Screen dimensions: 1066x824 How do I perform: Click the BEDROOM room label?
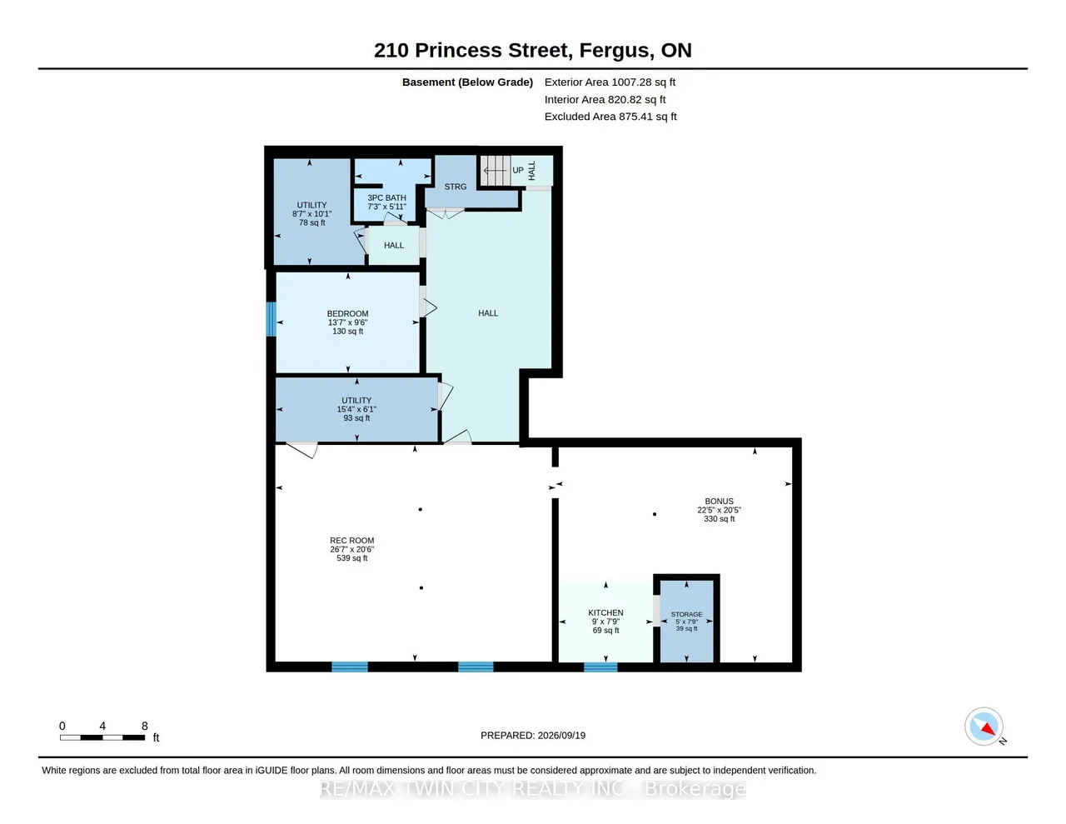tap(347, 313)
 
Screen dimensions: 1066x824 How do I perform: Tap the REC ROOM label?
tap(351, 541)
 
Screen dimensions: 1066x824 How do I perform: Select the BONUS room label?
tap(719, 501)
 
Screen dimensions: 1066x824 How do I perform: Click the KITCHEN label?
tap(605, 612)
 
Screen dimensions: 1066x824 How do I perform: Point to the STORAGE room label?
tap(686, 614)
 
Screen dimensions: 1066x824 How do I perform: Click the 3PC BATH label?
tap(386, 197)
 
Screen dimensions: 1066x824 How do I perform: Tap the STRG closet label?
tap(456, 187)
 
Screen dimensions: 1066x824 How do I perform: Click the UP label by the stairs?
tap(517, 170)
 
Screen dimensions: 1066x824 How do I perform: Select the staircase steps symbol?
tap(495, 170)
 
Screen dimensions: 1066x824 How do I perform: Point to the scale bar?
tap(102, 737)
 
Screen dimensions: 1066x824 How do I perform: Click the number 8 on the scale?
tap(144, 726)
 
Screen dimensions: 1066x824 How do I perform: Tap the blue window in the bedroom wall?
tap(271, 319)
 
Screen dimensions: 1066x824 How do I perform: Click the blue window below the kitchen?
tap(600, 667)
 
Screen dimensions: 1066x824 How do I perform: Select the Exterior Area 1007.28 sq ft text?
tap(610, 82)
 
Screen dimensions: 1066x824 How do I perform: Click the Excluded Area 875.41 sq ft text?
tap(610, 117)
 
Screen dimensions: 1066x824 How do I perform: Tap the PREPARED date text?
tap(533, 735)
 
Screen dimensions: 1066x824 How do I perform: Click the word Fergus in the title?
tap(616, 51)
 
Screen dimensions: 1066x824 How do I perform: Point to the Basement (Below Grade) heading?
tap(467, 82)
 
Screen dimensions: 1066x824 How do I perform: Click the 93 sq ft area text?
tap(356, 418)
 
